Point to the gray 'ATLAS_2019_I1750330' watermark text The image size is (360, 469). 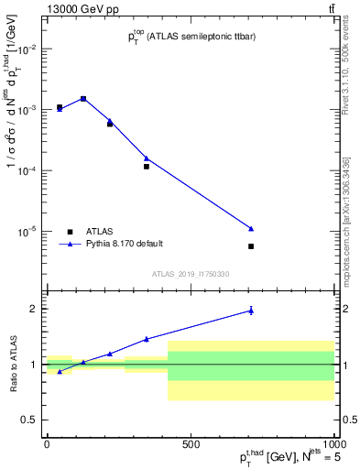pos(191,274)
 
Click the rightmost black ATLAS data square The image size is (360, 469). pos(251,246)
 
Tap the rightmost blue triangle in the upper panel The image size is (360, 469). pos(251,228)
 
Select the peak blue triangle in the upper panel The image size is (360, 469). pos(83,98)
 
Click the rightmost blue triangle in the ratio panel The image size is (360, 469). pos(251,311)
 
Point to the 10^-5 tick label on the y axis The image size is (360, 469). pos(27,232)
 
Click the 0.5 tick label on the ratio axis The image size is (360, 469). pos(29,420)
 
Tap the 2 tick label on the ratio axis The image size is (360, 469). pos(33,309)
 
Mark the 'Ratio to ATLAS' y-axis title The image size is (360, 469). pos(12,365)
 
